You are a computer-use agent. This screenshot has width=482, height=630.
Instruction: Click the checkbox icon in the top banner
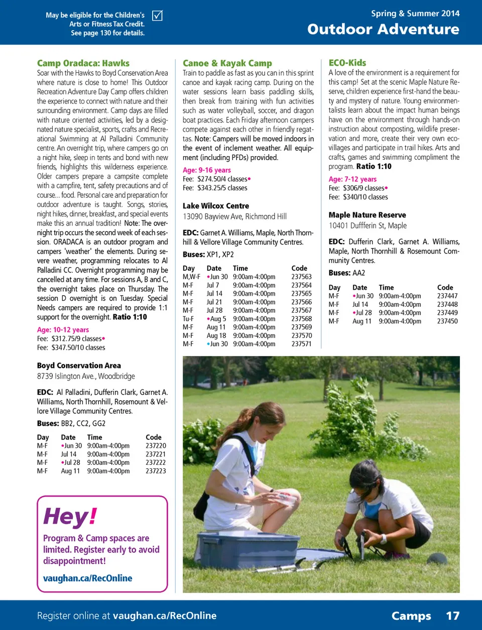pyautogui.click(x=157, y=16)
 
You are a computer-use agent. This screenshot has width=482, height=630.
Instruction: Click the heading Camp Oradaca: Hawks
pyautogui.click(x=83, y=63)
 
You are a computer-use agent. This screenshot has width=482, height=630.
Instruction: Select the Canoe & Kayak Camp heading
pyautogui.click(x=227, y=63)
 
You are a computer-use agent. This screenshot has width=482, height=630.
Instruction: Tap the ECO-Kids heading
pyautogui.click(x=347, y=63)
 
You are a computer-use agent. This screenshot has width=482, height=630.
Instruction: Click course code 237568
pyautogui.click(x=301, y=319)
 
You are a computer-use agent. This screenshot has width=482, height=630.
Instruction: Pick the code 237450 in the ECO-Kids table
pyautogui.click(x=447, y=321)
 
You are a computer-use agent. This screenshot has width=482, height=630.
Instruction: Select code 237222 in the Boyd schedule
pyautogui.click(x=156, y=462)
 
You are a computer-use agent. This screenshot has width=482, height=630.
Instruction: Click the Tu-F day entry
pyautogui.click(x=188, y=319)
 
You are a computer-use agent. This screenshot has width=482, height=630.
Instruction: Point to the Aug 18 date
pyautogui.click(x=216, y=335)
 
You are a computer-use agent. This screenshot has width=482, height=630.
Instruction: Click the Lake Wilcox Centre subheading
pyautogui.click(x=216, y=206)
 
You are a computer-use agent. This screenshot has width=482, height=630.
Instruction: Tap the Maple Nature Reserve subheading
pyautogui.click(x=368, y=215)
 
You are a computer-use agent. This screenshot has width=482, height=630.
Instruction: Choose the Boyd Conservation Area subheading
pyautogui.click(x=79, y=365)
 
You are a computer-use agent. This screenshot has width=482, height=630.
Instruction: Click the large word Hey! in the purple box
pyautogui.click(x=70, y=516)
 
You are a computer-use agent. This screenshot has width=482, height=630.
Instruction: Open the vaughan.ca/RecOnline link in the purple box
pyautogui.click(x=88, y=578)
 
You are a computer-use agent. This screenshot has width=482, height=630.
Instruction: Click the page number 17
pyautogui.click(x=452, y=616)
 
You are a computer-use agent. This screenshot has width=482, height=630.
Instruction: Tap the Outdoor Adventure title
pyautogui.click(x=383, y=29)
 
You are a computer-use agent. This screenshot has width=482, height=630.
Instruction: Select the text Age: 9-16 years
pyautogui.click(x=207, y=170)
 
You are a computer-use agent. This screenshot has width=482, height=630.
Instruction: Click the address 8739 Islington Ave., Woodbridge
pyautogui.click(x=86, y=376)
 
